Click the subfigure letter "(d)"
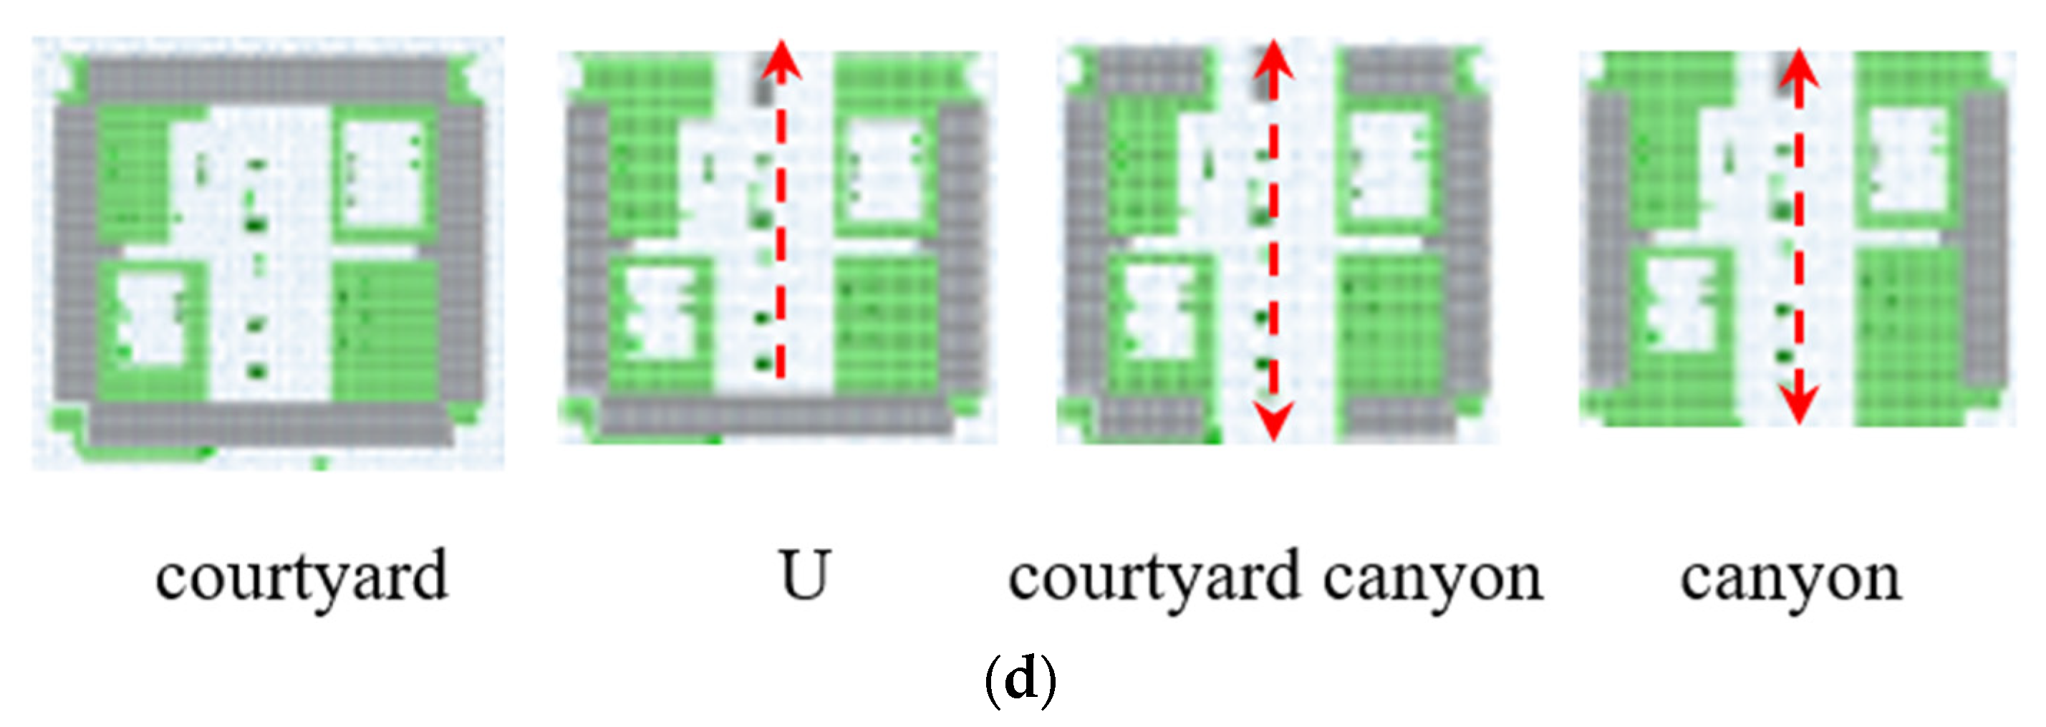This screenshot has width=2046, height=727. pos(1020,679)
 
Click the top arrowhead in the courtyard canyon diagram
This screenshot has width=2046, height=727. pos(1273,60)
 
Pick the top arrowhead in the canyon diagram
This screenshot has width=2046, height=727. pos(1799,68)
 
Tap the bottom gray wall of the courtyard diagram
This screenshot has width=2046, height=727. pos(270,423)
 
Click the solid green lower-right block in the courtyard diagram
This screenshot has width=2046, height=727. pos(385,334)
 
